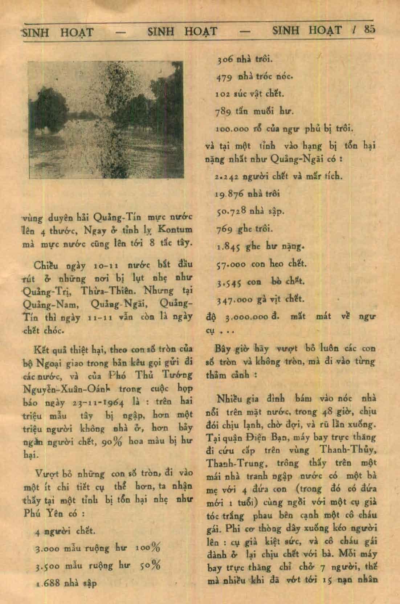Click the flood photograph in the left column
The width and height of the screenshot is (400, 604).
[106, 120]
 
